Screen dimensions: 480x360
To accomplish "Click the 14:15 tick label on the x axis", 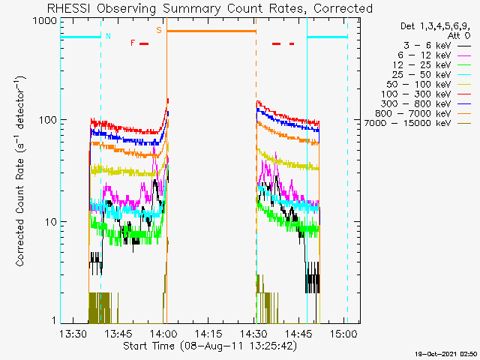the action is click(x=208, y=333).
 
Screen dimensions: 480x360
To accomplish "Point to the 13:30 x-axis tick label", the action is click(x=73, y=333).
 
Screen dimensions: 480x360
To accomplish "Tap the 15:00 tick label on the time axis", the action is click(x=343, y=333).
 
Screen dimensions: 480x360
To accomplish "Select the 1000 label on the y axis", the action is click(x=45, y=21).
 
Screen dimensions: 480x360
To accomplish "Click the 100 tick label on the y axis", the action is click(x=48, y=120).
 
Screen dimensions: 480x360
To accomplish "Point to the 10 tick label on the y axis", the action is click(x=51, y=222).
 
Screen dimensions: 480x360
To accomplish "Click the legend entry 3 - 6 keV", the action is click(x=427, y=46).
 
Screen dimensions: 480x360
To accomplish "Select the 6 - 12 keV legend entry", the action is click(x=424, y=55).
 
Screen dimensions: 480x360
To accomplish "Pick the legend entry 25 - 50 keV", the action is click(x=421, y=75).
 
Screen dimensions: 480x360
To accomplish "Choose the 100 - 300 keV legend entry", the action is click(x=415, y=94).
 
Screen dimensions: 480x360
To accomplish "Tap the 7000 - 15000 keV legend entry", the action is click(x=407, y=123).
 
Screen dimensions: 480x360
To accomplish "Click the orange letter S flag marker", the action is click(x=159, y=30).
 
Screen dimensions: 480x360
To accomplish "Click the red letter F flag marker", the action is click(x=133, y=43).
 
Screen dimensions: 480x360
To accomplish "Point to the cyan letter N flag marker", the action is click(x=108, y=36).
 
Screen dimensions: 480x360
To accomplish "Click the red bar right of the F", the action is click(x=144, y=44).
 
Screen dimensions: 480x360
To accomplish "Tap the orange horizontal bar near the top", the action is click(x=211, y=31).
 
